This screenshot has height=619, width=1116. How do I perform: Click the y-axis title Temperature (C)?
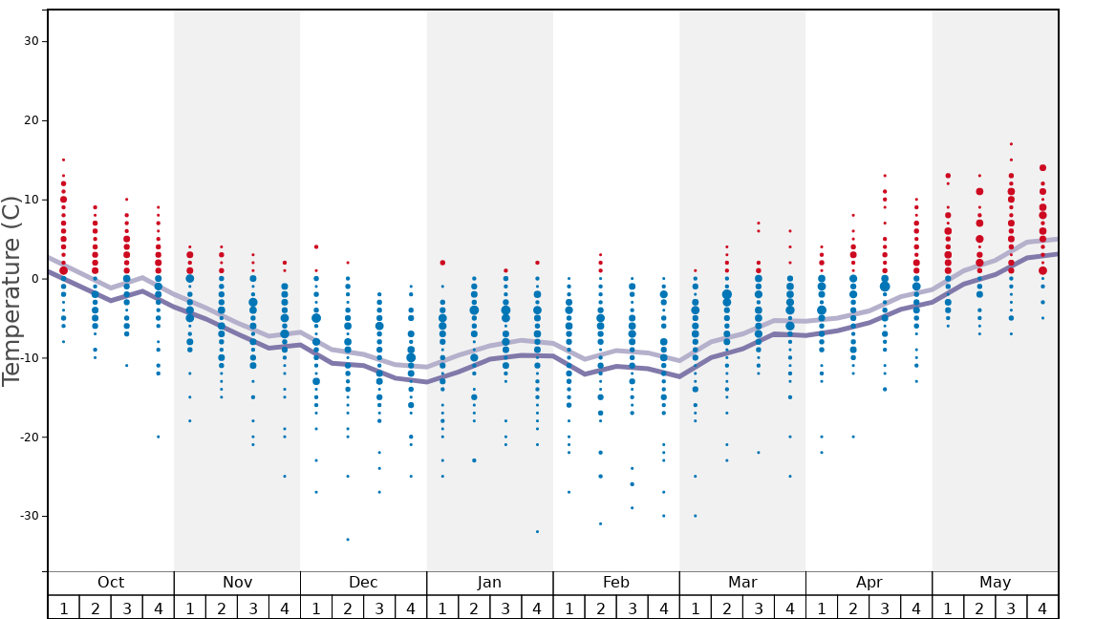pyautogui.click(x=11, y=290)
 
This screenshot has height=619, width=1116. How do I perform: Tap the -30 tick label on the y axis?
pyautogui.click(x=28, y=516)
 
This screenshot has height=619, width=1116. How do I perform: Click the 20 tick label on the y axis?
pyautogui.click(x=32, y=120)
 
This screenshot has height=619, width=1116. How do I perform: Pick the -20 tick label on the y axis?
pyautogui.click(x=28, y=437)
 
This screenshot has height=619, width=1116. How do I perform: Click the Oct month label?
pyautogui.click(x=111, y=583)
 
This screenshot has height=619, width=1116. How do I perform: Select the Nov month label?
pyautogui.click(x=237, y=583)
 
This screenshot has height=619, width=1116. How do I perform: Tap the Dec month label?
pyautogui.click(x=363, y=583)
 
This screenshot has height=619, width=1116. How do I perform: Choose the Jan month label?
pyautogui.click(x=489, y=583)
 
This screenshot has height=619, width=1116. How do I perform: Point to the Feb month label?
pyautogui.click(x=616, y=583)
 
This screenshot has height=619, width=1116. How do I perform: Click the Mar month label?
pyautogui.click(x=742, y=583)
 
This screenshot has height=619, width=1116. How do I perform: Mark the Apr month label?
pyautogui.click(x=869, y=583)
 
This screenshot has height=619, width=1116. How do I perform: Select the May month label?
pyautogui.click(x=995, y=583)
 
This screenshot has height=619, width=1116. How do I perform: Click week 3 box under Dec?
pyautogui.click(x=379, y=608)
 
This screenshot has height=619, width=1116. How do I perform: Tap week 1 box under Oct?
pyautogui.click(x=63, y=608)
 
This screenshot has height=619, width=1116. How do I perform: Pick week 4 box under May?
pyautogui.click(x=1042, y=608)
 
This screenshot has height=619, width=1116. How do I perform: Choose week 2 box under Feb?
pyautogui.click(x=600, y=608)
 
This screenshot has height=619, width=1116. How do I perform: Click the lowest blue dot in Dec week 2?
pyautogui.click(x=348, y=540)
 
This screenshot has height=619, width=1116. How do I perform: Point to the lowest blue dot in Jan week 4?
pyautogui.click(x=537, y=532)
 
